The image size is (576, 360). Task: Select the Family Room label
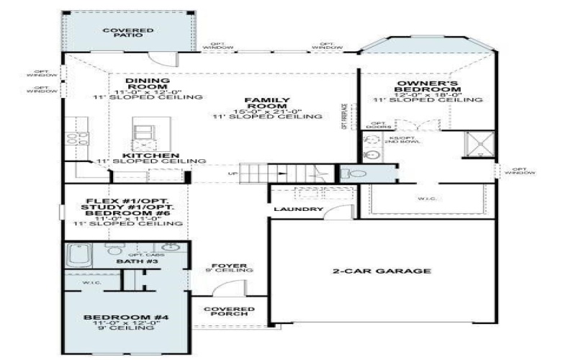click(x=256, y=104)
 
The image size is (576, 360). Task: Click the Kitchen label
click(x=150, y=156)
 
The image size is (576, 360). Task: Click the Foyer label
click(x=228, y=266)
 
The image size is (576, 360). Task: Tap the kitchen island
click(x=143, y=135)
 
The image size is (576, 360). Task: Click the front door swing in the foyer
click(x=226, y=290)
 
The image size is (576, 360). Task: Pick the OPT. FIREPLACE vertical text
click(x=344, y=116)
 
